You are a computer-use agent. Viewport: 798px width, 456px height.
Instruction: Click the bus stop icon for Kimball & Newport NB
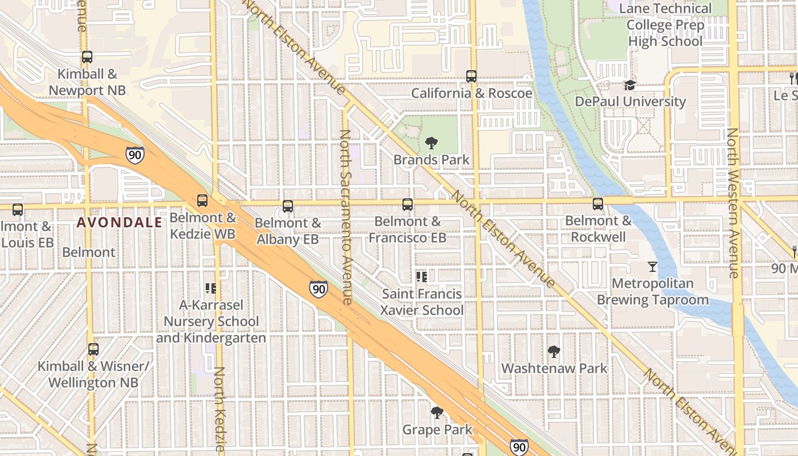pyautogui.click(x=87, y=57)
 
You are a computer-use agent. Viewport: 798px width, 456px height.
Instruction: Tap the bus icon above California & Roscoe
pyautogui.click(x=471, y=76)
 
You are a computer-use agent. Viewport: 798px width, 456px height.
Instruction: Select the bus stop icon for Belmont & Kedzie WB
pyautogui.click(x=202, y=200)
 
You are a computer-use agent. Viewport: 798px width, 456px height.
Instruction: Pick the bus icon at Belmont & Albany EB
pyautogui.click(x=288, y=206)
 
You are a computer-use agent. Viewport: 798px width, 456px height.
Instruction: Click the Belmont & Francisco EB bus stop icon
pyautogui.click(x=407, y=204)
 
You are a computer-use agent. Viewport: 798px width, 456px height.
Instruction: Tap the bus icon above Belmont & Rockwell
pyautogui.click(x=597, y=203)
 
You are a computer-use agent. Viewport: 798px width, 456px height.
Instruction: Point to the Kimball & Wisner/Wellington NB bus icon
pyautogui.click(x=93, y=349)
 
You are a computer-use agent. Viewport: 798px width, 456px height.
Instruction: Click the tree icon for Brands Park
pyautogui.click(x=431, y=143)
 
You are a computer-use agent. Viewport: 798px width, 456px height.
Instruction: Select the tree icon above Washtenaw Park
pyautogui.click(x=553, y=351)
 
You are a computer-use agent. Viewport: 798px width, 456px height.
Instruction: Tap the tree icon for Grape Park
pyautogui.click(x=437, y=412)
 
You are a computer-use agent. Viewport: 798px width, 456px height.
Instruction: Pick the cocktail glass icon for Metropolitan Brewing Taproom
pyautogui.click(x=653, y=266)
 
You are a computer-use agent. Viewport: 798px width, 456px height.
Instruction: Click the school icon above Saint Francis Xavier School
pyautogui.click(x=421, y=277)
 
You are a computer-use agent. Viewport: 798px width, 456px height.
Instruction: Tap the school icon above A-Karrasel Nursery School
pyautogui.click(x=210, y=288)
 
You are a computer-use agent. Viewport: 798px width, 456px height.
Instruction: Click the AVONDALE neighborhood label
pyautogui.click(x=120, y=223)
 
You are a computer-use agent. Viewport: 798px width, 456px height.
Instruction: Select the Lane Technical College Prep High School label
pyautogui.click(x=665, y=25)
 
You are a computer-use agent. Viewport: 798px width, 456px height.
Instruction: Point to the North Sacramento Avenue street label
pyautogui.click(x=346, y=217)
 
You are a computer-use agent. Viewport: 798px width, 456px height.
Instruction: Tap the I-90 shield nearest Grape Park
pyautogui.click(x=519, y=447)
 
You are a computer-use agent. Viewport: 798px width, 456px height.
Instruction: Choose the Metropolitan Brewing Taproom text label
pyautogui.click(x=653, y=291)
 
